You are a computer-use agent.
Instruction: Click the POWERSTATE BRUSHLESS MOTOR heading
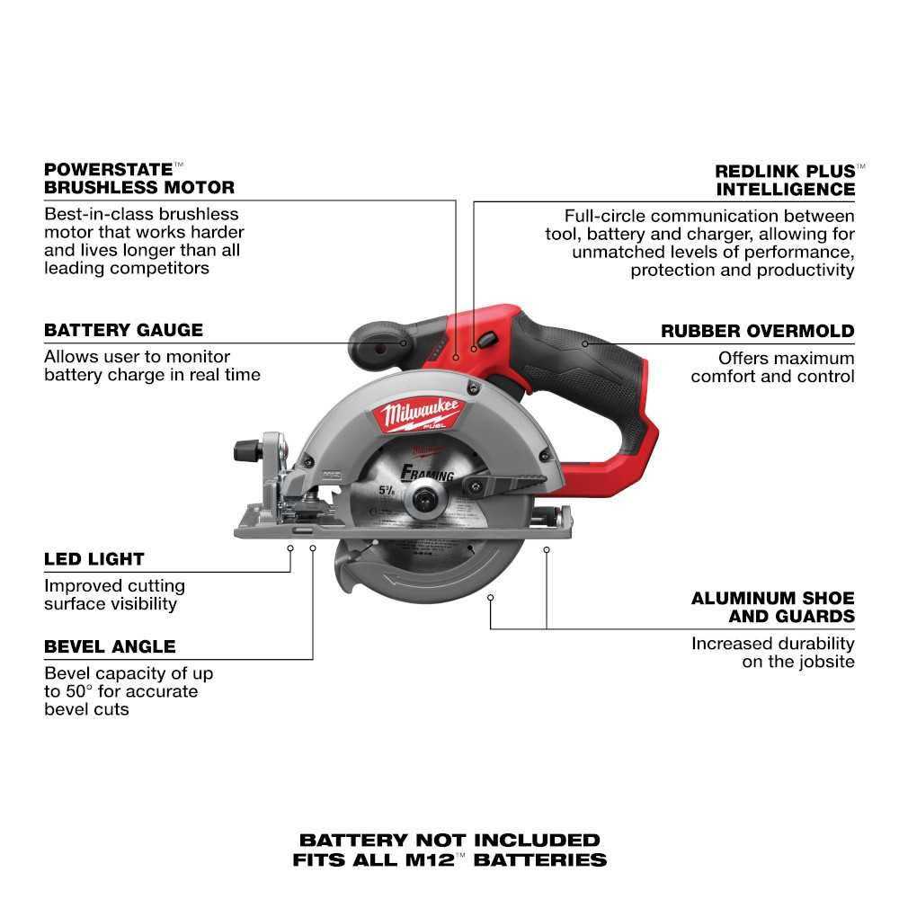pyautogui.click(x=139, y=178)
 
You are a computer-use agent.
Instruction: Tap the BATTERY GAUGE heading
pyautogui.click(x=123, y=330)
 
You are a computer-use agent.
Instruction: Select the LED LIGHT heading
pyautogui.click(x=94, y=559)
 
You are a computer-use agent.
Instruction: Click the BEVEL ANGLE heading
pyautogui.click(x=110, y=646)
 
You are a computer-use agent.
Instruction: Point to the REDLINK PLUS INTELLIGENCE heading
pyautogui.click(x=785, y=180)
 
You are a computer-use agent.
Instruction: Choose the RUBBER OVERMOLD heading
pyautogui.click(x=757, y=331)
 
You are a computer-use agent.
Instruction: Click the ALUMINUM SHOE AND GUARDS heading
pyautogui.click(x=772, y=607)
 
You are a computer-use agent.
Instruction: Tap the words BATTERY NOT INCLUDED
pyautogui.click(x=449, y=841)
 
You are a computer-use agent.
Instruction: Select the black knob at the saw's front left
pyautogui.click(x=248, y=450)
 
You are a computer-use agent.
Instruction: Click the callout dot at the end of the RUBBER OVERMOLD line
pyautogui.click(x=584, y=343)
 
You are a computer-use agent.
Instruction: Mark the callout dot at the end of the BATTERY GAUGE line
pyautogui.click(x=405, y=343)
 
